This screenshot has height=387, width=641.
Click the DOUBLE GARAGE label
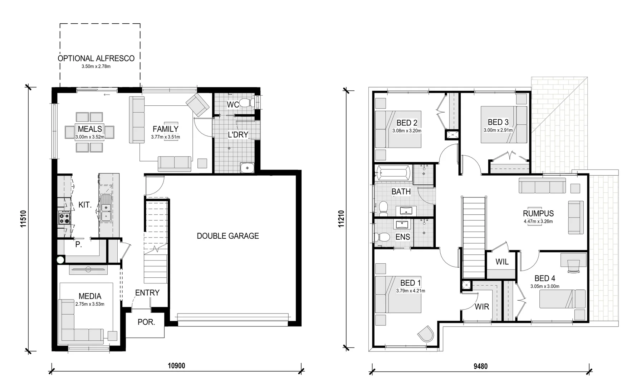(x=228, y=236)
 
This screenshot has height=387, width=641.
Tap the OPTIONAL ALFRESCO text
(x=96, y=58)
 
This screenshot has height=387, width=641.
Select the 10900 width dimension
(x=176, y=365)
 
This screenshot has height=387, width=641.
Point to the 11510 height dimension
(x=24, y=219)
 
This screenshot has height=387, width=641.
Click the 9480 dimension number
(x=480, y=366)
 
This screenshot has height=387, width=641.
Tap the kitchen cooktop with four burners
(x=65, y=218)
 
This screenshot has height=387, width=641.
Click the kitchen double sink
(x=106, y=212)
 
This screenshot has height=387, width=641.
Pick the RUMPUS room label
(x=538, y=214)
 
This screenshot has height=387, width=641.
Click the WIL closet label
(x=502, y=262)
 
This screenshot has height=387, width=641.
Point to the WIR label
(x=482, y=307)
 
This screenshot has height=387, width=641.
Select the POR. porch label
(x=146, y=322)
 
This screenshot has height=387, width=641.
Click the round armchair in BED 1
(x=426, y=334)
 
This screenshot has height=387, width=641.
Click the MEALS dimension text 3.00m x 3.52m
(x=90, y=137)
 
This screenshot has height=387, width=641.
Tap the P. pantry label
(x=78, y=245)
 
